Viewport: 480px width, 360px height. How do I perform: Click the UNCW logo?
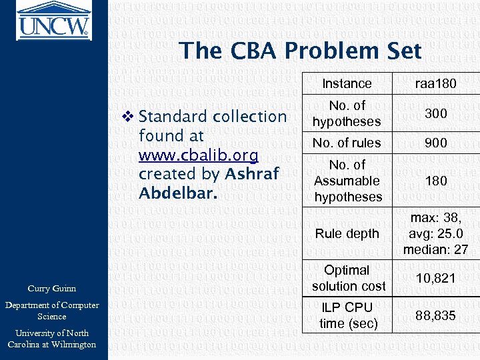(x=54, y=20)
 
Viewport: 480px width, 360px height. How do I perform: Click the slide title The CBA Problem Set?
(x=300, y=51)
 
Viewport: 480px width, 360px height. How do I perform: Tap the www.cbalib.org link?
(x=198, y=155)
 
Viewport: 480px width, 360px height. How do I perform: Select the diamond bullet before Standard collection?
(x=129, y=117)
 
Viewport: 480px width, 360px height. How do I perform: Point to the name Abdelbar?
(x=178, y=193)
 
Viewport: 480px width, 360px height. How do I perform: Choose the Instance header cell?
(x=347, y=83)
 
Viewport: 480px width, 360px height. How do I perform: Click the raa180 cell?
(x=436, y=83)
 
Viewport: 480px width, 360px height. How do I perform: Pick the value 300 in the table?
(x=436, y=113)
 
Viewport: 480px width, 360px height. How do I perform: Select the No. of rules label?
(x=347, y=143)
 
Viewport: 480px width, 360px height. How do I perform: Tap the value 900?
(x=436, y=143)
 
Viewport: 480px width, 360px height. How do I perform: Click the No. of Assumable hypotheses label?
(x=347, y=181)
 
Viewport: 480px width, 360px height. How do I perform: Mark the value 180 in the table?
(x=436, y=181)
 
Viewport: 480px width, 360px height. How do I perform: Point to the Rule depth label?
(x=347, y=233)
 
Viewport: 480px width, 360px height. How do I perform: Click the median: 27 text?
(x=436, y=250)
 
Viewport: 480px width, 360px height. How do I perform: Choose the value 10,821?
(x=436, y=278)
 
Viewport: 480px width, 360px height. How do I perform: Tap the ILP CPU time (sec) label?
(x=347, y=315)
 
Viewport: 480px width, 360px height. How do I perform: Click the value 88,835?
(x=436, y=315)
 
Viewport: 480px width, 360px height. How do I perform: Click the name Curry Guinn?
(x=51, y=289)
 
